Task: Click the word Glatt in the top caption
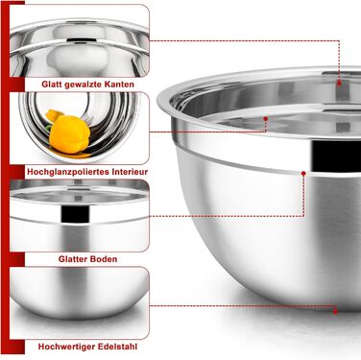click(x=52, y=84)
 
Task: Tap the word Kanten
click(x=120, y=84)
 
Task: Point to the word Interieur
click(x=131, y=172)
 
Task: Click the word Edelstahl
click(x=118, y=347)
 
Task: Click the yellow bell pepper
click(x=67, y=133)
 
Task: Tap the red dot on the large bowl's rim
click(x=339, y=83)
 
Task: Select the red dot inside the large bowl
click(x=265, y=119)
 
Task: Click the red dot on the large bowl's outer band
click(x=303, y=173)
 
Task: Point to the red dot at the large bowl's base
click(x=335, y=311)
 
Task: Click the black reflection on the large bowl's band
click(x=336, y=156)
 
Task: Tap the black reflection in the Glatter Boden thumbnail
click(x=76, y=213)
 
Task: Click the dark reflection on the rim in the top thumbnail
click(x=79, y=40)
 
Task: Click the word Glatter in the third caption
click(x=72, y=259)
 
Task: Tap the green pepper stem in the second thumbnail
click(x=48, y=128)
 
